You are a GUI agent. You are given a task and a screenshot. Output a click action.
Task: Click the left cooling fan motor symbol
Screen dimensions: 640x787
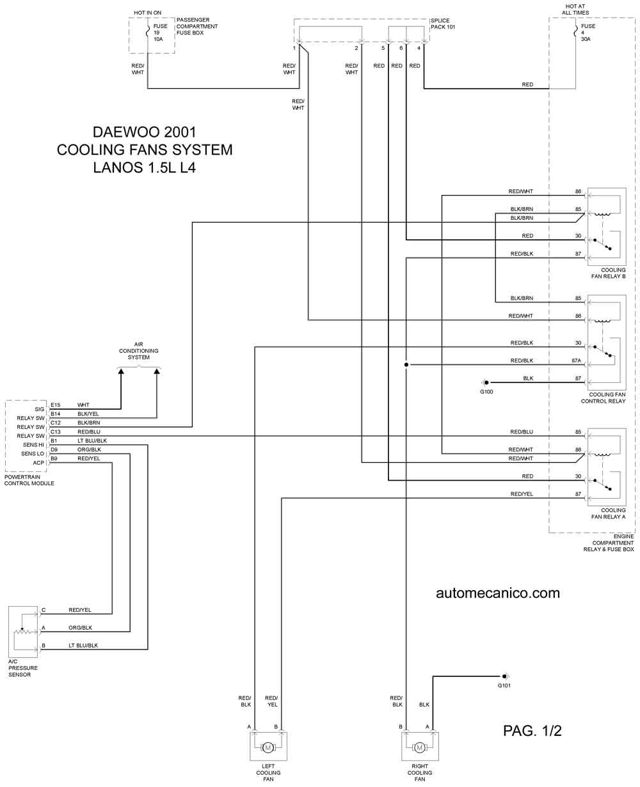268,747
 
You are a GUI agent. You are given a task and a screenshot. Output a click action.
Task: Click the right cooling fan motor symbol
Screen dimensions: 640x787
419,747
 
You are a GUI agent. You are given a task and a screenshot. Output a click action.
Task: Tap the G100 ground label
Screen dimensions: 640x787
486,391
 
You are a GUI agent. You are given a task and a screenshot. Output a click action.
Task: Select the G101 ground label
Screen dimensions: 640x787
504,685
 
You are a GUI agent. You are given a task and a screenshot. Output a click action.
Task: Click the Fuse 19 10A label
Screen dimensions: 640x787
160,33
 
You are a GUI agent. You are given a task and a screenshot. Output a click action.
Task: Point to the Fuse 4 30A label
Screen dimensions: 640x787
588,33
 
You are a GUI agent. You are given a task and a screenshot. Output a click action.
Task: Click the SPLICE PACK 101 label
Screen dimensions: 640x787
442,24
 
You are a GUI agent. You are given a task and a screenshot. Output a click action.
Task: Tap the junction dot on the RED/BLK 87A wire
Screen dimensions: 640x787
406,364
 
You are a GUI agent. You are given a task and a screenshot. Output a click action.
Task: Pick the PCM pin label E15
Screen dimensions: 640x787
55,405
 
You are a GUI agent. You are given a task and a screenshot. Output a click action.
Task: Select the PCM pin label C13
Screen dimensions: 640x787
55,431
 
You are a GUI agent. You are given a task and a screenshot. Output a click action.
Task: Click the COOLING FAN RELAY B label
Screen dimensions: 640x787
608,273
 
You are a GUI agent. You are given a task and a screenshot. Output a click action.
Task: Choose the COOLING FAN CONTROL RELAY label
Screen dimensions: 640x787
603,397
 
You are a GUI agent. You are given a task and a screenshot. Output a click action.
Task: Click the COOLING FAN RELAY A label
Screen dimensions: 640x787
608,513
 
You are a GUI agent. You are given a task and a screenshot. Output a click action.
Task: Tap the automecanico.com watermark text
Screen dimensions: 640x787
497,593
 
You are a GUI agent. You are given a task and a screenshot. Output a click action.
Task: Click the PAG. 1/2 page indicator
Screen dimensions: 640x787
532,731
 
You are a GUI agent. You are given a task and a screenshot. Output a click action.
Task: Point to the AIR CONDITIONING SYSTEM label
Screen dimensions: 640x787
138,350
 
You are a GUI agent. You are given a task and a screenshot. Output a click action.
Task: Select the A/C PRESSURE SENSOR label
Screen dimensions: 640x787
22,667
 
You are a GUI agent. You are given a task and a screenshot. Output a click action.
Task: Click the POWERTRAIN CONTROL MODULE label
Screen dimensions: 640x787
29,479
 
